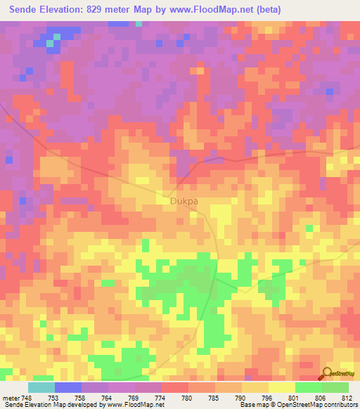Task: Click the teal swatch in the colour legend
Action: (x=41, y=387)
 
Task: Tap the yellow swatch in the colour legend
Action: (x=282, y=387)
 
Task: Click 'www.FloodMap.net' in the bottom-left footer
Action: (x=133, y=405)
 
